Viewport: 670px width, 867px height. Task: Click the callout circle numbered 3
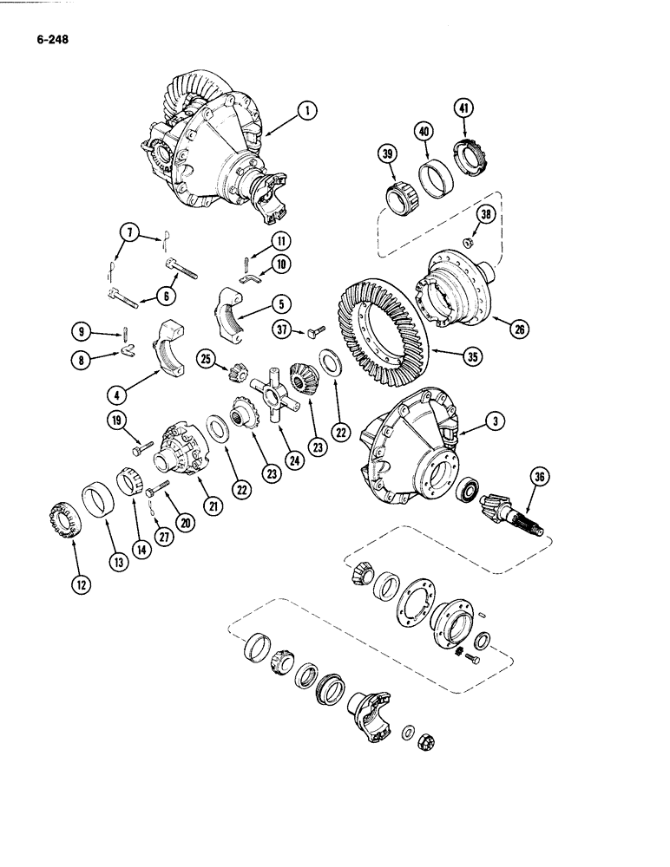pos(495,422)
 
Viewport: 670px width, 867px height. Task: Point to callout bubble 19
pos(118,422)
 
